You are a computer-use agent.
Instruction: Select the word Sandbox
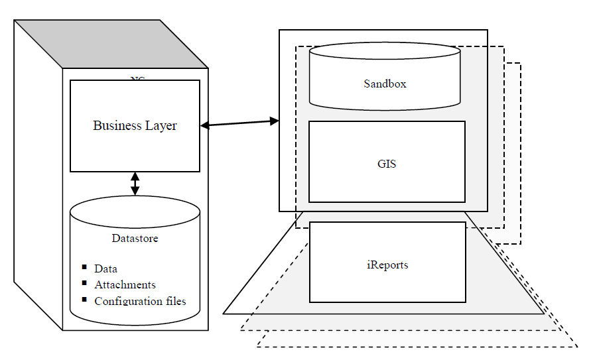tap(385, 84)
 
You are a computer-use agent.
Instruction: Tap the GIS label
tap(387, 163)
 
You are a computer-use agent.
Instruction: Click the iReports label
tap(387, 265)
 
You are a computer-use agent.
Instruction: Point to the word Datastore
tap(135, 238)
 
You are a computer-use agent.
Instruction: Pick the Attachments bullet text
tap(125, 285)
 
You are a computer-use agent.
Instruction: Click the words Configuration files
tap(140, 302)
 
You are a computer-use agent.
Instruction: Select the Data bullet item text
tap(105, 269)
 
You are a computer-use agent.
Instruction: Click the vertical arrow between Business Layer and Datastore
tap(135, 184)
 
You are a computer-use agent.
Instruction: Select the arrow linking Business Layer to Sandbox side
tap(239, 123)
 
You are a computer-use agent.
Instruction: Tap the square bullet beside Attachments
tap(84, 283)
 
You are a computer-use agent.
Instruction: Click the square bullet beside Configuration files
tap(84, 300)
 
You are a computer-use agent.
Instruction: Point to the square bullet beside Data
tap(84, 267)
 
